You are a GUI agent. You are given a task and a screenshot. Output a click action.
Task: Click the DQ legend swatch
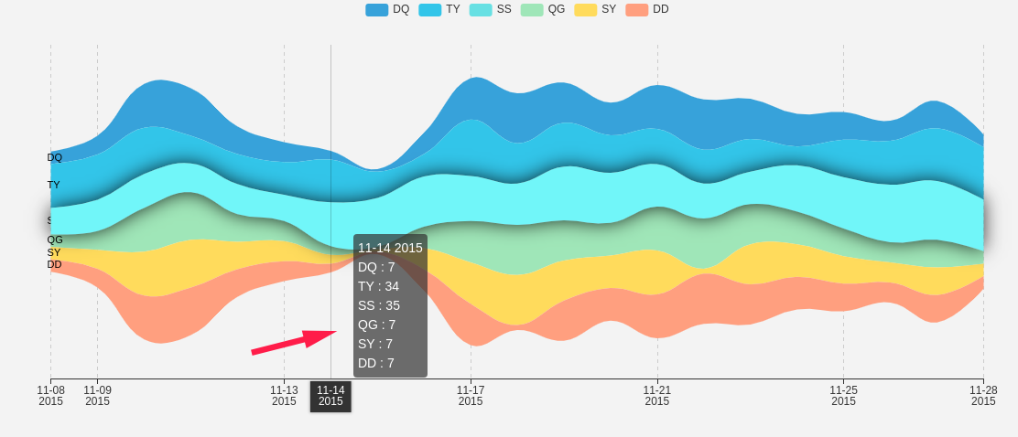tap(376, 9)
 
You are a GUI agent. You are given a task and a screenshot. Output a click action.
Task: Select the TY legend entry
tap(439, 9)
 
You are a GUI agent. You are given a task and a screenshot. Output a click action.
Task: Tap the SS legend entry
tap(491, 9)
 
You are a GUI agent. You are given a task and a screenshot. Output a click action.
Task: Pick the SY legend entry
tap(595, 9)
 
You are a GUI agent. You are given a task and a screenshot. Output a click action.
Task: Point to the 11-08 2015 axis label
tap(50, 395)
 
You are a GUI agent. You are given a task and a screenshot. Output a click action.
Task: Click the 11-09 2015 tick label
tap(97, 395)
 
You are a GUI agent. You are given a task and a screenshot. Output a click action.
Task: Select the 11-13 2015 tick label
tap(284, 395)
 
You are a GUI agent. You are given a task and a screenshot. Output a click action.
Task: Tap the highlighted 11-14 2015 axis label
tap(330, 396)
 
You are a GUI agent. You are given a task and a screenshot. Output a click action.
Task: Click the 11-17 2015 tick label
tap(471, 395)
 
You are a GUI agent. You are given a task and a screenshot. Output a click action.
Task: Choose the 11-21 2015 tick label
tap(657, 395)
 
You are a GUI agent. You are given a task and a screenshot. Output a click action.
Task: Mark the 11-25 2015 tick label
tap(843, 395)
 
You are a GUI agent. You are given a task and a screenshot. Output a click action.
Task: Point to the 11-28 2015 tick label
tap(982, 395)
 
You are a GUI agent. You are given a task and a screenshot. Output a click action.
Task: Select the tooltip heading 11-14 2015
tap(390, 248)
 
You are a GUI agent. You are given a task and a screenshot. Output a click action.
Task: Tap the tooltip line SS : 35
tap(379, 305)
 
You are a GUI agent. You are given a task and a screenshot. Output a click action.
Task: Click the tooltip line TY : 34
tap(378, 286)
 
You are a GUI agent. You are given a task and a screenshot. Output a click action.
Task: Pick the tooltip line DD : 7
tap(376, 363)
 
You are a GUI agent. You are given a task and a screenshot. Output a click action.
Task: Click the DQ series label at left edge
tap(55, 157)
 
